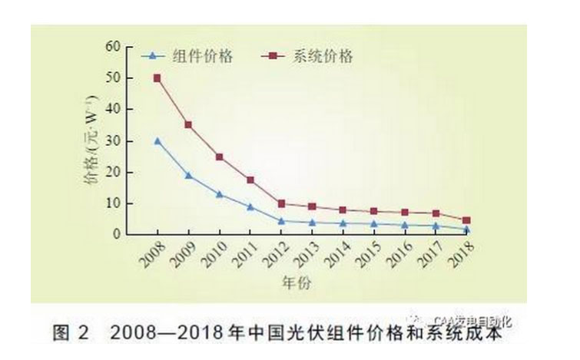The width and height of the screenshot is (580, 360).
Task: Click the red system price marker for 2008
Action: pyautogui.click(x=157, y=78)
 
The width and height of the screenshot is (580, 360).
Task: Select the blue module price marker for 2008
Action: pyautogui.click(x=157, y=141)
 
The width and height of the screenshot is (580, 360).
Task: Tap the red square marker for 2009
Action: pyautogui.click(x=188, y=124)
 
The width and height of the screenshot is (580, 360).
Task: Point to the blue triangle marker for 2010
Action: pyautogui.click(x=220, y=194)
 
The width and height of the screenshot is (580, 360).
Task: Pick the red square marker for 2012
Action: pyautogui.click(x=282, y=203)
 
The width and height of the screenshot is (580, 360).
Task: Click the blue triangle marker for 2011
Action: pyautogui.click(x=250, y=206)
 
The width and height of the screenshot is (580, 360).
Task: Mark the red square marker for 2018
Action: pyautogui.click(x=466, y=220)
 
